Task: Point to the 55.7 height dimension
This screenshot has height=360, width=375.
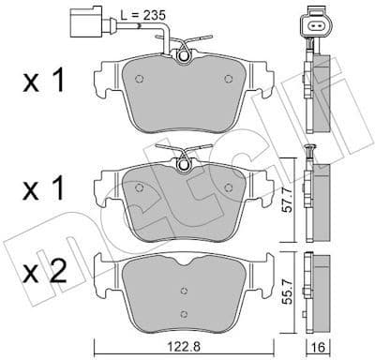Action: (x=298, y=285)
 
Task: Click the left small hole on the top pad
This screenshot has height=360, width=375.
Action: (x=138, y=79)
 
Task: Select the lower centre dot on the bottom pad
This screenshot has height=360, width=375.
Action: (x=185, y=312)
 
